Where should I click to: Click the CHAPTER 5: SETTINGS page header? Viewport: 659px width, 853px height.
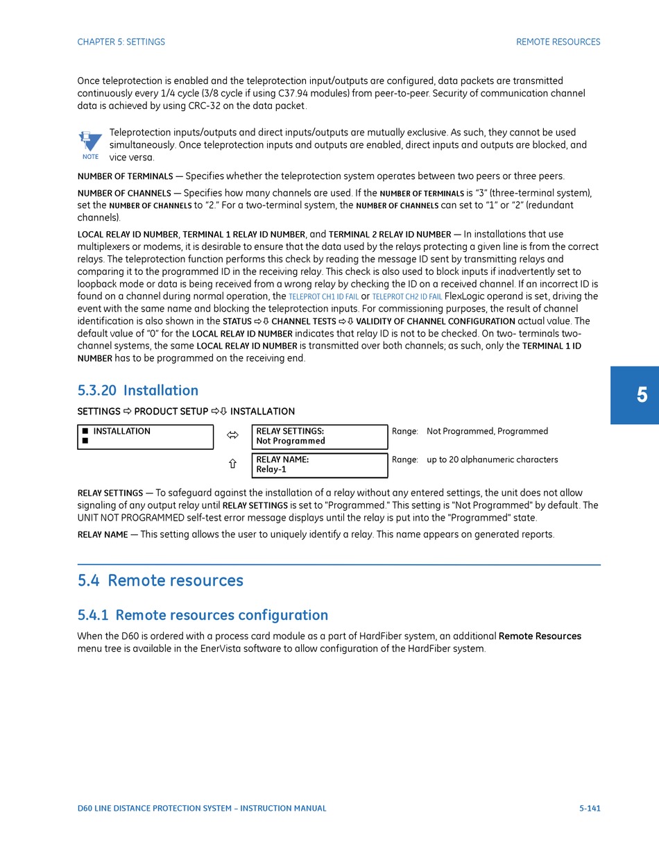(x=121, y=42)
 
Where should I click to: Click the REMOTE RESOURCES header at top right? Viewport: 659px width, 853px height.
(x=558, y=42)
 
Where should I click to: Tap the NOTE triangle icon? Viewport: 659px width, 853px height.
(x=90, y=143)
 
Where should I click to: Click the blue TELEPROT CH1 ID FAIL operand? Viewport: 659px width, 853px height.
(x=323, y=297)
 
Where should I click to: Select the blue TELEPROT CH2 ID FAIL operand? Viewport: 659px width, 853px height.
(x=407, y=297)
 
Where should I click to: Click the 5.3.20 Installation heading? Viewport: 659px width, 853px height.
(x=138, y=391)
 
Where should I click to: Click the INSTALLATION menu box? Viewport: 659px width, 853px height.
(x=145, y=437)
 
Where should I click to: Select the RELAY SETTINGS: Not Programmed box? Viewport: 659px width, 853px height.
(x=319, y=437)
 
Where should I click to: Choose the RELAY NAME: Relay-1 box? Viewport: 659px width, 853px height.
(x=319, y=464)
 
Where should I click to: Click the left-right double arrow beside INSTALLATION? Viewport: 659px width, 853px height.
(x=232, y=436)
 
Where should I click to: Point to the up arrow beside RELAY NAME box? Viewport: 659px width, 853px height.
(x=232, y=464)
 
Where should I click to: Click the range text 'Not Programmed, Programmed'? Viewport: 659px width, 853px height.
(x=487, y=432)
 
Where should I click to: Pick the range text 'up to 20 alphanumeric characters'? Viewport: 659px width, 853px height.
(x=492, y=459)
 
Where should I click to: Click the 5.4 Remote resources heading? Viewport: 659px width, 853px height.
(x=160, y=581)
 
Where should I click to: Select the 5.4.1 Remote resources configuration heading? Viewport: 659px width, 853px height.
(x=203, y=616)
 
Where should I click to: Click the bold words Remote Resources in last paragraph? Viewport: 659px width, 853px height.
(x=540, y=636)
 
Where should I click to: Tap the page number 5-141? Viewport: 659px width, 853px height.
(x=590, y=809)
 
